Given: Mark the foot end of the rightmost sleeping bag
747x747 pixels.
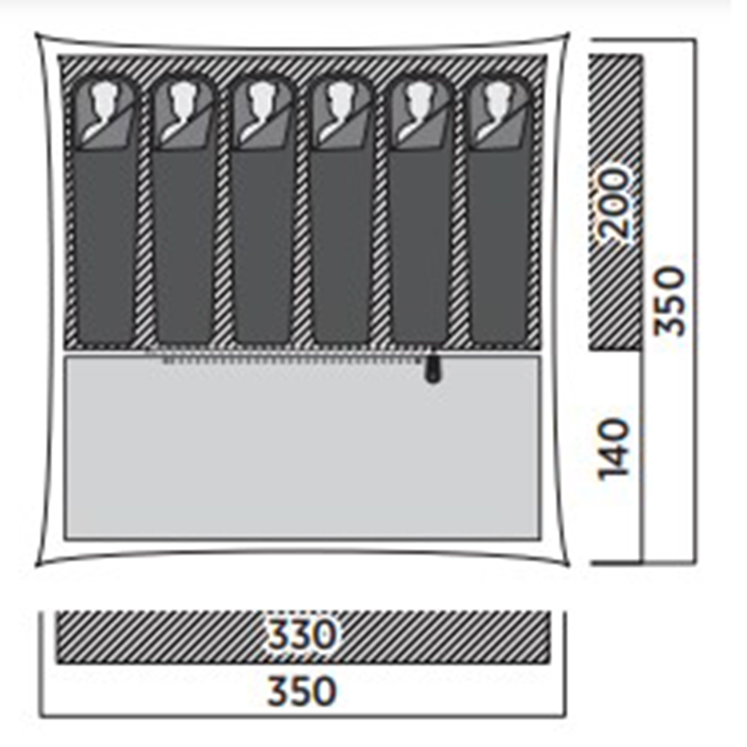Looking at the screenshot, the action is pyautogui.click(x=499, y=336).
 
